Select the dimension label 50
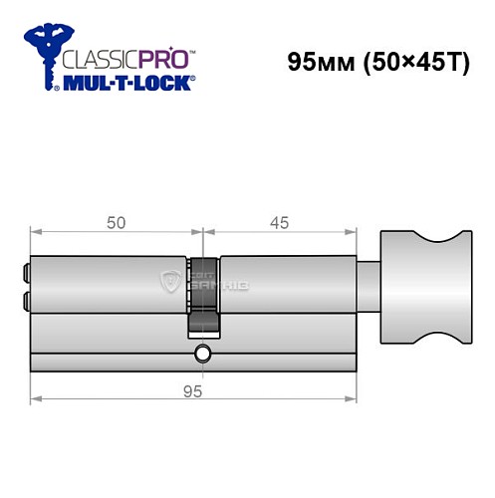(x=116, y=223)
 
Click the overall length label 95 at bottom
(x=193, y=390)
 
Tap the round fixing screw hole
(x=203, y=353)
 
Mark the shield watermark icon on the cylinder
(x=168, y=283)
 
